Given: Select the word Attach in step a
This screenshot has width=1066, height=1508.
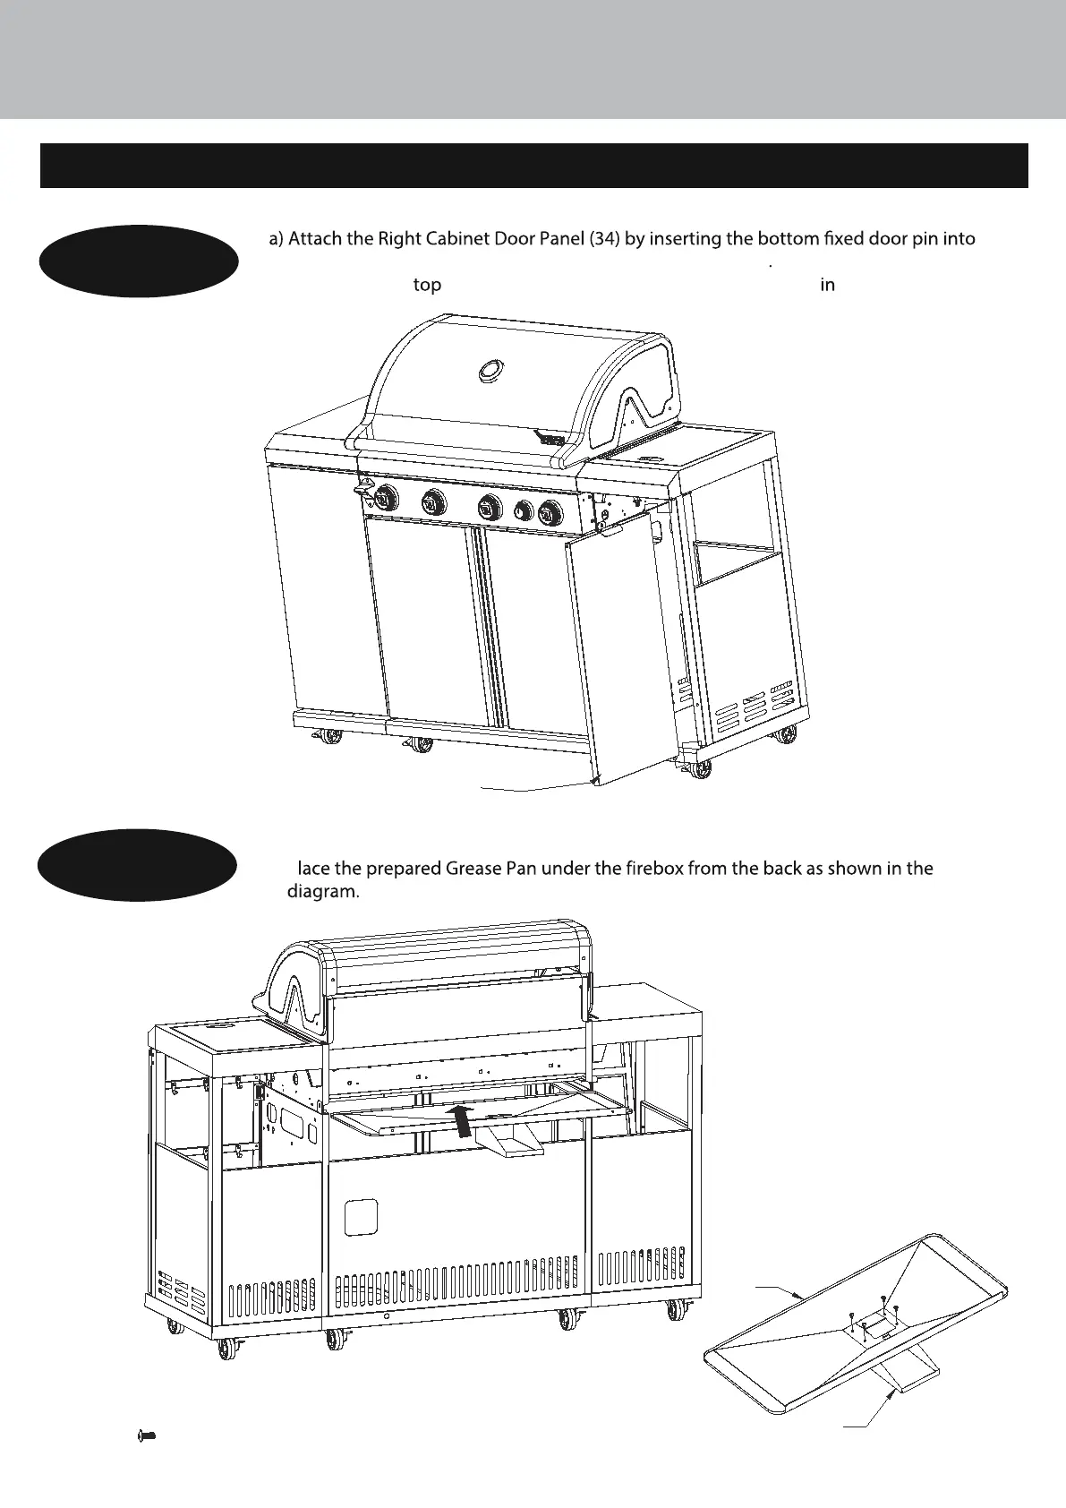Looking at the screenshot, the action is click(x=325, y=239).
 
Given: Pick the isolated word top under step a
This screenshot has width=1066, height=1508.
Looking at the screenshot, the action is click(x=427, y=286).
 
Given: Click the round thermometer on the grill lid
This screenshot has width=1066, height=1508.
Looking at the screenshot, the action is click(x=490, y=370).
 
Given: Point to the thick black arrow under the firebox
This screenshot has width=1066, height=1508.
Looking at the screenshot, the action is click(x=462, y=1120).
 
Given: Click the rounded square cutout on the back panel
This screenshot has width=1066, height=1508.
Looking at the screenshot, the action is click(x=362, y=1216).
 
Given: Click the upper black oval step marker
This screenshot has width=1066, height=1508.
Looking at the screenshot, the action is click(x=139, y=261).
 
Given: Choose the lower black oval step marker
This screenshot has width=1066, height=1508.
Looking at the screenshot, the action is click(x=137, y=867).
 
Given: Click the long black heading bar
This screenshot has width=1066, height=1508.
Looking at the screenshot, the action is click(x=533, y=166).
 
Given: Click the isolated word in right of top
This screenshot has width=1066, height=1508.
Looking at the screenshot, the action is click(x=828, y=286).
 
